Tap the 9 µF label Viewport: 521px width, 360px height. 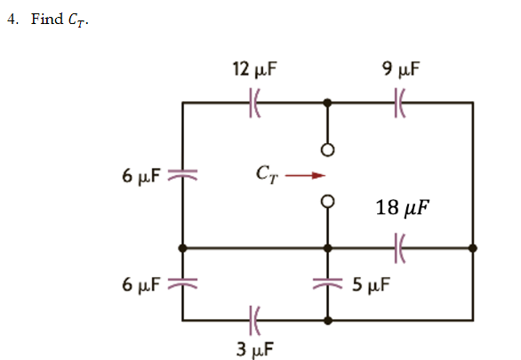pyautogui.click(x=401, y=68)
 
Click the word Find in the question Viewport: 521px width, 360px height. pyautogui.click(x=46, y=20)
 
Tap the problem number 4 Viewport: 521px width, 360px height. pyautogui.click(x=12, y=20)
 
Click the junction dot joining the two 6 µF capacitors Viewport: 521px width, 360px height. pyautogui.click(x=182, y=247)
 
